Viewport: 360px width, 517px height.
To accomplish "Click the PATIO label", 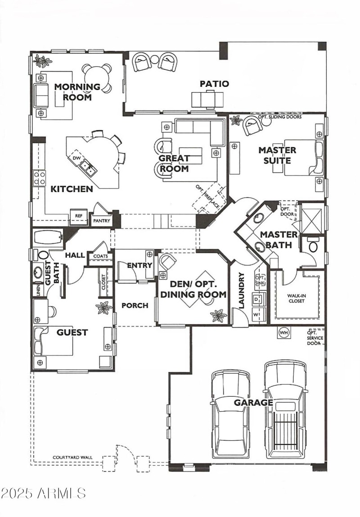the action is click(214, 84).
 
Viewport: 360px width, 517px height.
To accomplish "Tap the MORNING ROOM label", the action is click(77, 92).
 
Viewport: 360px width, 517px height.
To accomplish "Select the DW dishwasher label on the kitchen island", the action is click(76, 158).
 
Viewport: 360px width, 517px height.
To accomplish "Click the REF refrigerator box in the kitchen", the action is click(78, 216).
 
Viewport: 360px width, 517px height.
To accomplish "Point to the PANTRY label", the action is click(101, 221).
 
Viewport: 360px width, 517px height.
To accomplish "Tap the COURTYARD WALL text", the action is click(72, 457).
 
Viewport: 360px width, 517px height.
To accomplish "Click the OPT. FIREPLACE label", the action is click(207, 196).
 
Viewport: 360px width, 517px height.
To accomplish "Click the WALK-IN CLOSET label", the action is click(297, 299).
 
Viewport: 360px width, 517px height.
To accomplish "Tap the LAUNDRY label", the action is click(241, 290).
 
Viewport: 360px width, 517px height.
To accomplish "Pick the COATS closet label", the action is click(100, 256).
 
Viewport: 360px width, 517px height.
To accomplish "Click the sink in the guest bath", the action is click(37, 272).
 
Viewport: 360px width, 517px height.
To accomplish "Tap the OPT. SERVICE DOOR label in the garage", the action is click(315, 338).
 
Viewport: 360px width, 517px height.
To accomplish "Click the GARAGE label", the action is click(253, 402).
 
